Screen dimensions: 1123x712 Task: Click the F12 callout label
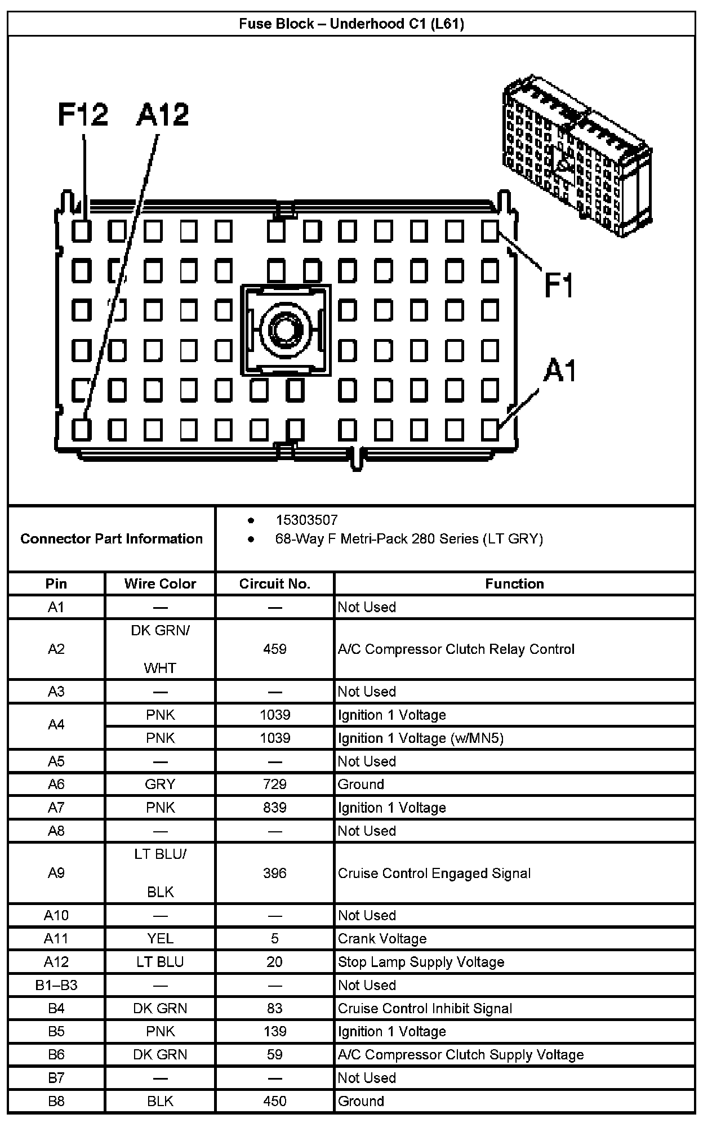pos(83,114)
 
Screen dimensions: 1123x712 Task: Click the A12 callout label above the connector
pos(162,114)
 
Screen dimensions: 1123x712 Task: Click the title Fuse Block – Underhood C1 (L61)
pos(351,24)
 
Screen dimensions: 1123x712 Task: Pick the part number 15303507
pos(306,520)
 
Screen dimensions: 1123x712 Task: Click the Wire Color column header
pos(160,583)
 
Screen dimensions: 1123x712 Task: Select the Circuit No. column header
pos(275,583)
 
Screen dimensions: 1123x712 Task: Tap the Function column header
pos(514,583)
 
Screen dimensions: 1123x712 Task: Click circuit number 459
pos(275,649)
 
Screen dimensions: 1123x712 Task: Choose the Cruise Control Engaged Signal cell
pos(434,873)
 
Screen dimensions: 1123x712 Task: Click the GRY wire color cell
pos(160,784)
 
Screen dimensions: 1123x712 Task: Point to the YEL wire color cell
pos(160,938)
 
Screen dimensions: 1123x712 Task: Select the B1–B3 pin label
pos(56,985)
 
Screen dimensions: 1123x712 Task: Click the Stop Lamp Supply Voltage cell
pos(421,962)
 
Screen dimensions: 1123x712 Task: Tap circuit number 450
pos(275,1101)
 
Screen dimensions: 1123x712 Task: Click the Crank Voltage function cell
pos(382,938)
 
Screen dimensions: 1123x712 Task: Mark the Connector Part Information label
pos(112,539)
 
